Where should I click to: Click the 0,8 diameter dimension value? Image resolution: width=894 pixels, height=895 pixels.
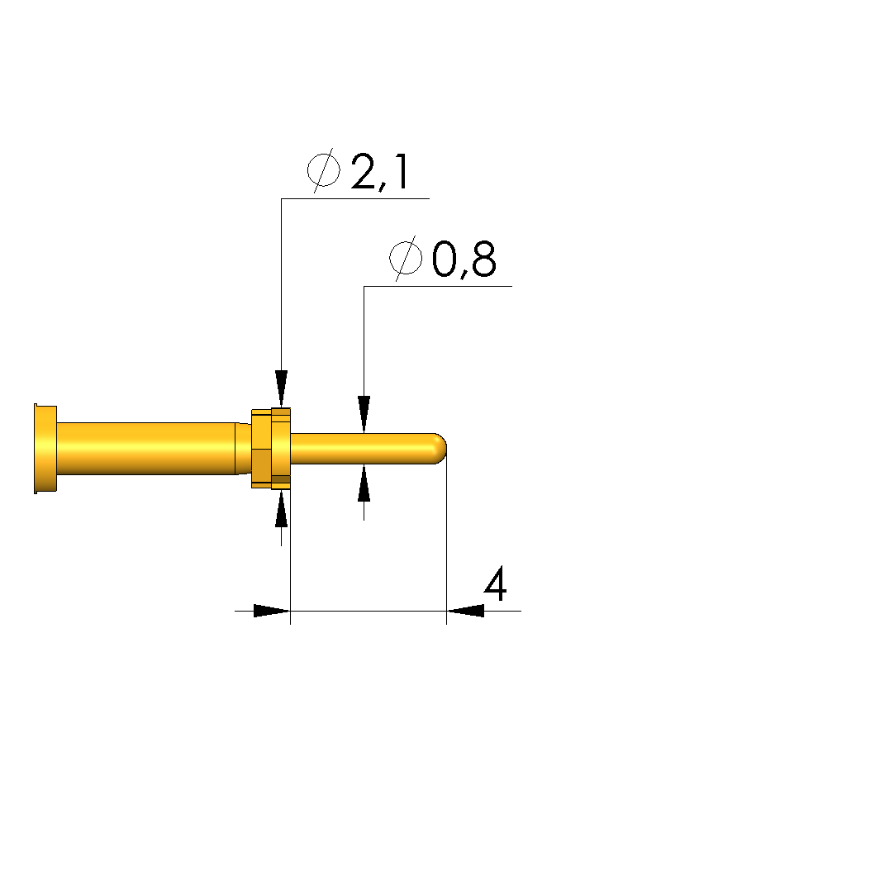464,259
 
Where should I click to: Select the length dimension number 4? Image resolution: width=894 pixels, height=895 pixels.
495,583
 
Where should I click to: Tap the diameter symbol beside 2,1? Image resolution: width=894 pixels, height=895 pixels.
324,169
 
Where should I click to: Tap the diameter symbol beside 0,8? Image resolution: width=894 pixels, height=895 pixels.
406,258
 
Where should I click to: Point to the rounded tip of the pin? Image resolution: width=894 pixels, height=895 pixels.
440,449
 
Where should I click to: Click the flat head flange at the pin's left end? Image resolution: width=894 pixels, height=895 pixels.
45,449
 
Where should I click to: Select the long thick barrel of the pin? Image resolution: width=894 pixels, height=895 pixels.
146,449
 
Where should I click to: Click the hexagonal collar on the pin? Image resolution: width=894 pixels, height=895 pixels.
271,449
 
